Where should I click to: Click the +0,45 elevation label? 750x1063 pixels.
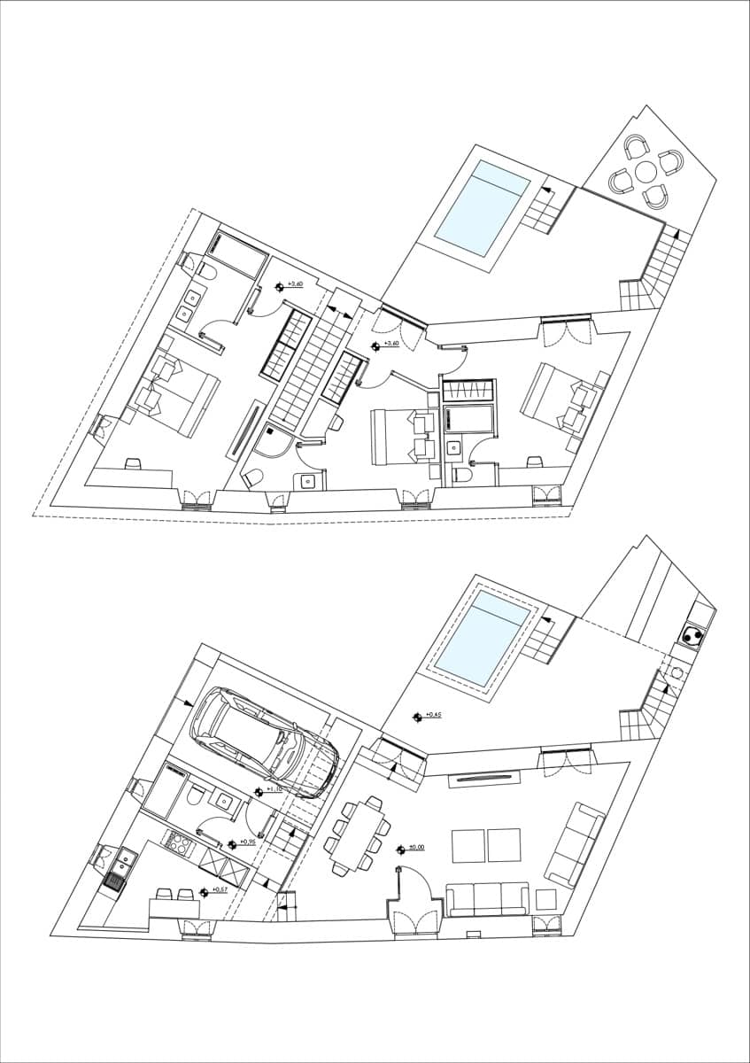click(432, 714)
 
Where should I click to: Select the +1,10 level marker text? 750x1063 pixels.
click(273, 788)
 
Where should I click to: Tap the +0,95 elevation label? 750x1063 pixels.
click(247, 842)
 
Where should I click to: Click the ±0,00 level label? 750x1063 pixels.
click(415, 848)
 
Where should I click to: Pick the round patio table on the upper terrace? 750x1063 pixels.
click(646, 169)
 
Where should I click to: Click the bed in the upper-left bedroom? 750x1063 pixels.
click(181, 395)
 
